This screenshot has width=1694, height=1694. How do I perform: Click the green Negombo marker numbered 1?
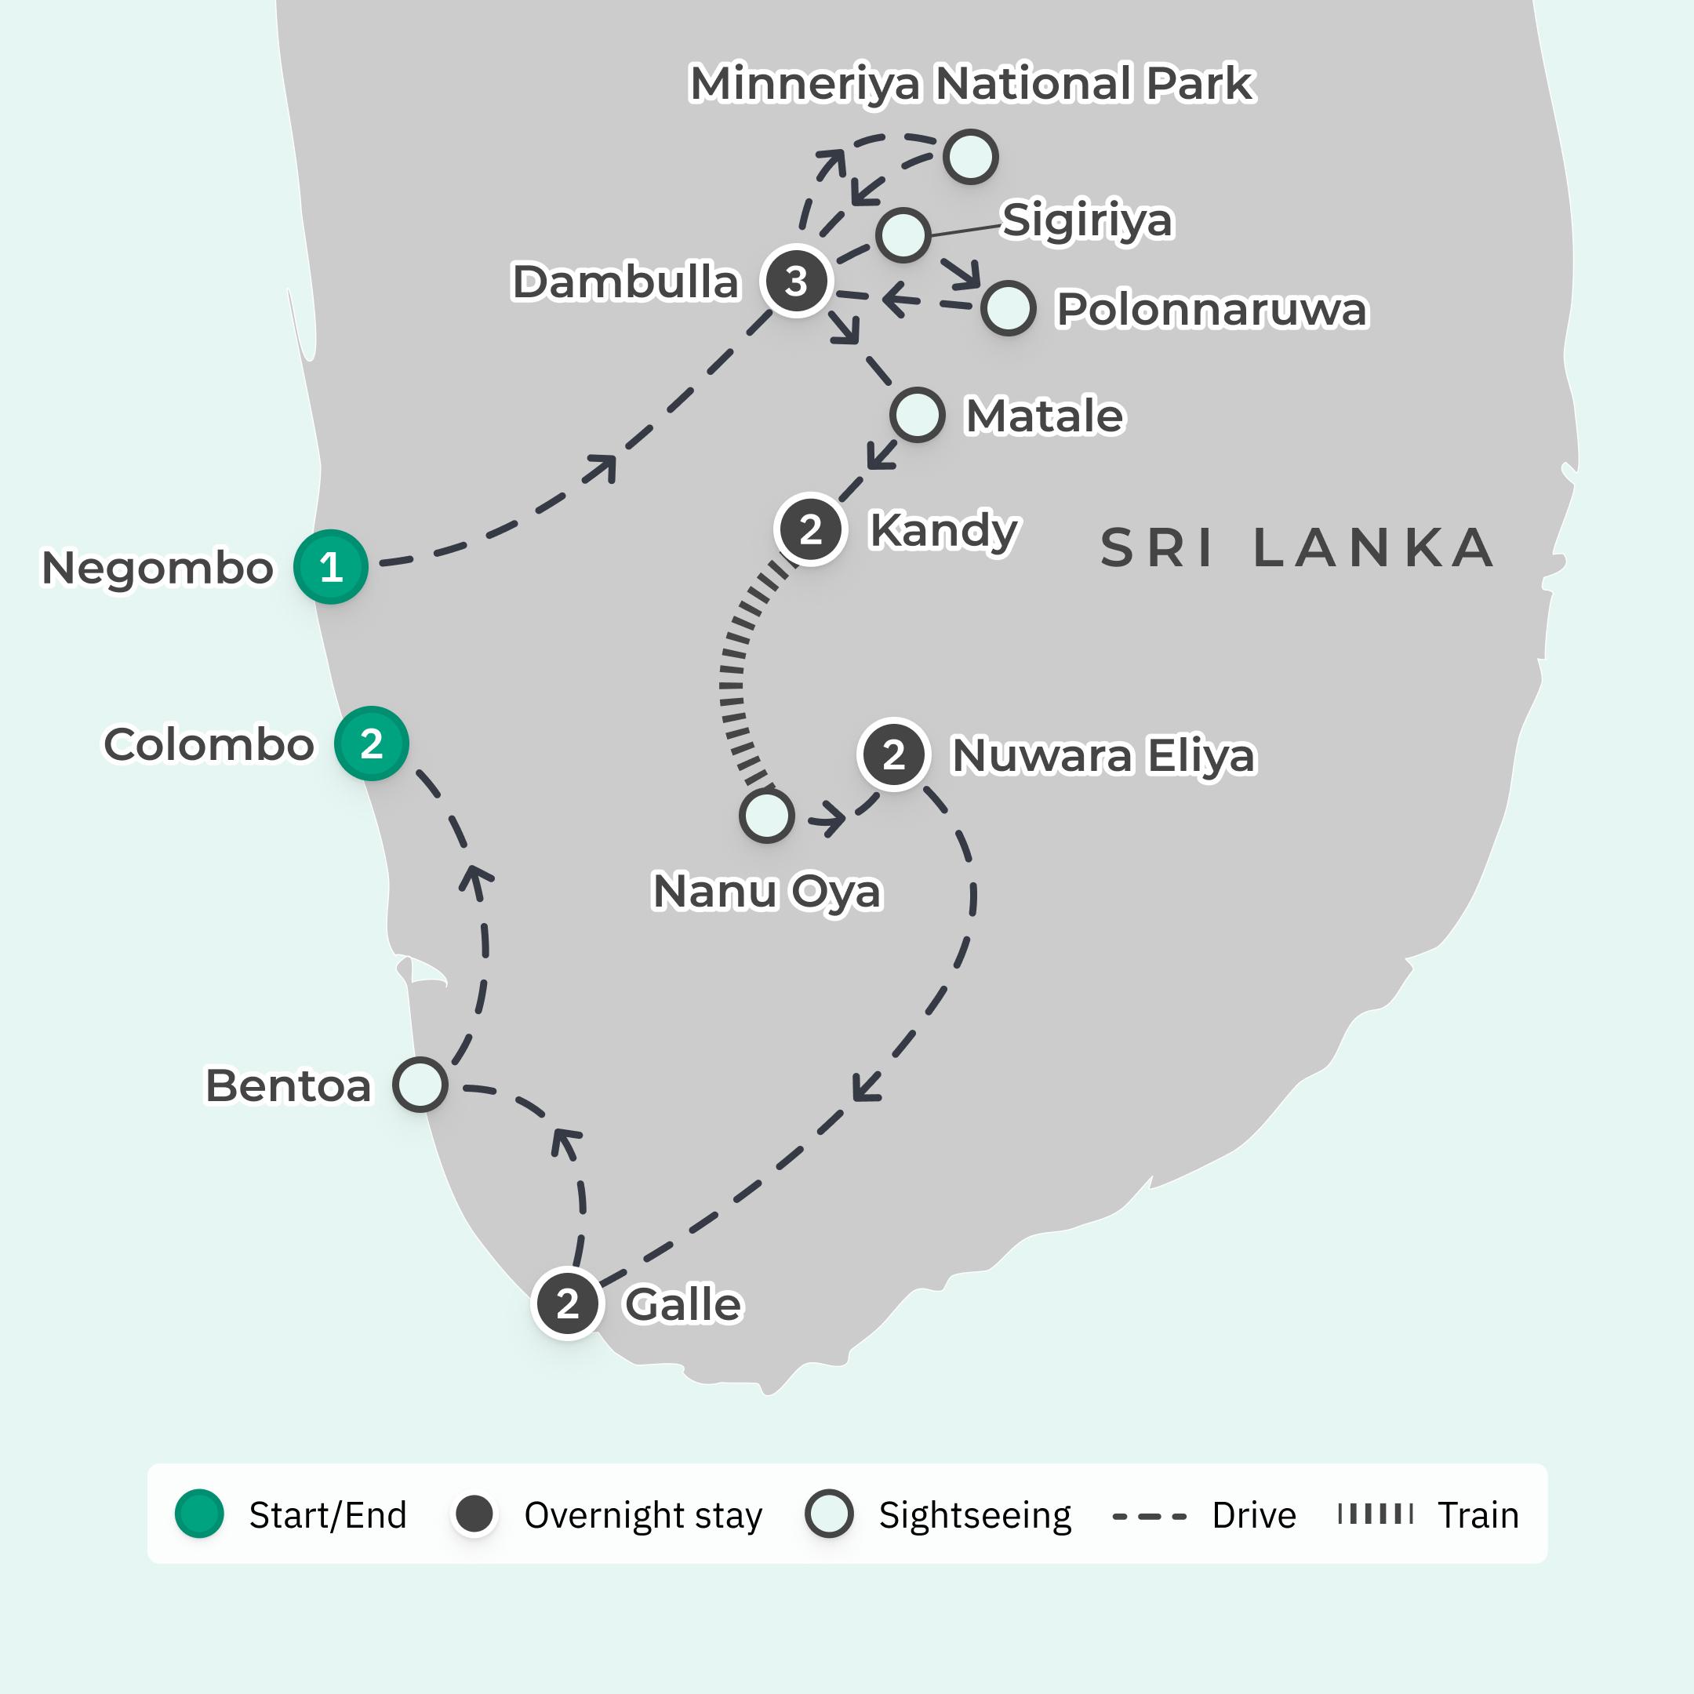tap(330, 567)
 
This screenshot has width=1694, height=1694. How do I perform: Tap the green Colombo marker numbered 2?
tap(371, 743)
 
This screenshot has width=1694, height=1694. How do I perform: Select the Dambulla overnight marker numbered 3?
tap(796, 282)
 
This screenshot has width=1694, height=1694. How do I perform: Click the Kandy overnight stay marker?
tap(811, 529)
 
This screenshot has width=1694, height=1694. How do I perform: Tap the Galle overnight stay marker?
tap(568, 1303)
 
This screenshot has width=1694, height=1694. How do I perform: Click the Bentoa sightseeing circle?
tap(420, 1085)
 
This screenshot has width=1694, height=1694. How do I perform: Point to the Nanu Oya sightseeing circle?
tap(767, 816)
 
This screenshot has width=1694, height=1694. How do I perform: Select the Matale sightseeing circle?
tap(917, 415)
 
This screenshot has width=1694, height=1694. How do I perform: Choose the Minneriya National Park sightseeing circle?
tap(971, 157)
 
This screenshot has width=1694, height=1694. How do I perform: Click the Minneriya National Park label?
tap(972, 83)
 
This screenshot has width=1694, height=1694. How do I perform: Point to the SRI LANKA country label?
tap(1297, 548)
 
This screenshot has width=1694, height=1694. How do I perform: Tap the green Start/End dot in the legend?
tap(200, 1514)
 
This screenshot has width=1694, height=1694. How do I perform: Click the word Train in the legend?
tap(1478, 1515)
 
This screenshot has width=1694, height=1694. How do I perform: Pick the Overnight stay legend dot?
tap(475, 1514)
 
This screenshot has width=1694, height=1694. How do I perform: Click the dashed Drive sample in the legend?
tap(1149, 1515)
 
